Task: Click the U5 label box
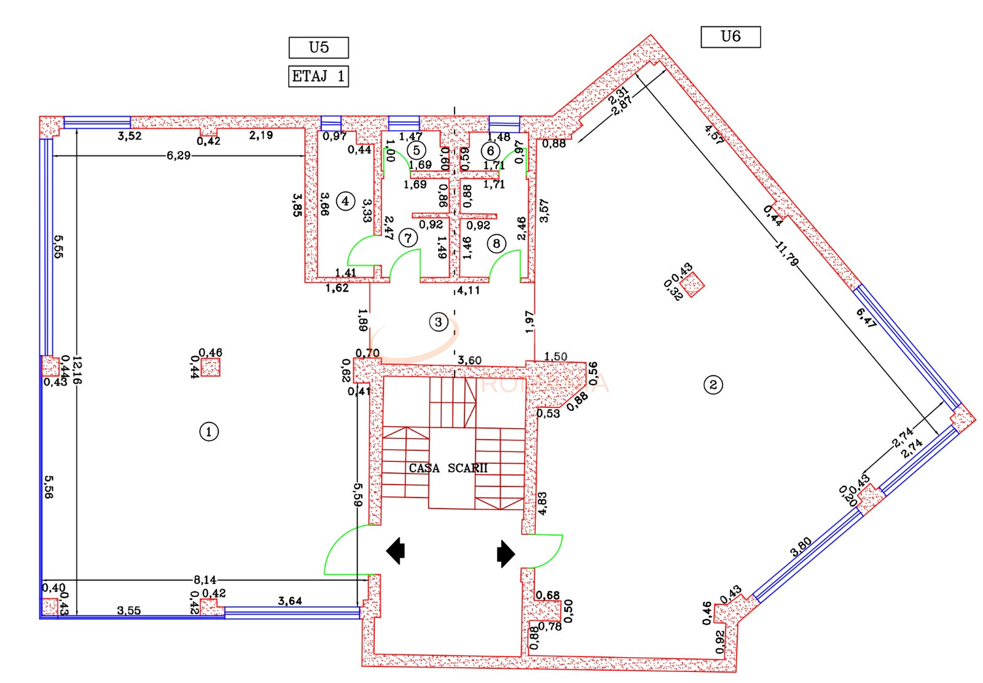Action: (x=318, y=47)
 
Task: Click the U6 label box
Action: (x=730, y=37)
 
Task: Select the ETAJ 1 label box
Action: (x=318, y=77)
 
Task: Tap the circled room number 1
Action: (x=209, y=432)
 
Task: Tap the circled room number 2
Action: (x=713, y=385)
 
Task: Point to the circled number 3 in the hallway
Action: (x=438, y=322)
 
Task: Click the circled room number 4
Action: (x=345, y=201)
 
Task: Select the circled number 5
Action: (x=416, y=150)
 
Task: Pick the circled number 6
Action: (x=490, y=150)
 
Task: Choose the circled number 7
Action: (x=407, y=237)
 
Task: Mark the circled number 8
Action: (x=496, y=244)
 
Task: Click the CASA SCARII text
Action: (x=448, y=468)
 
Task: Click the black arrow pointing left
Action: (x=396, y=551)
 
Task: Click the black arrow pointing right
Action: (x=506, y=553)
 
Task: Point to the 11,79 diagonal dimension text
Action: (x=787, y=254)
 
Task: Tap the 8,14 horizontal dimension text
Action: (x=205, y=579)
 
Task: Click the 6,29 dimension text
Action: (x=179, y=156)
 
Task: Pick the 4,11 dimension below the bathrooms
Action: (x=468, y=290)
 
